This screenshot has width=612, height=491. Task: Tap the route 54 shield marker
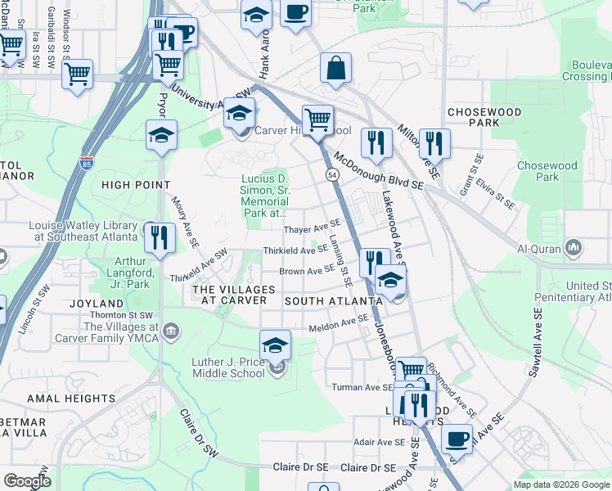[332, 175]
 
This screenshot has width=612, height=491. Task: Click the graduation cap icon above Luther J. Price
[276, 344]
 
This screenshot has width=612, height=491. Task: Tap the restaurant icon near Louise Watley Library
[160, 237]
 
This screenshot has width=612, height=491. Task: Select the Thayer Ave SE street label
[312, 226]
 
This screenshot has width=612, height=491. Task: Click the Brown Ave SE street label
[308, 270]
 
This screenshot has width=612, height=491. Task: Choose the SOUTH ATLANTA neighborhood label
[334, 301]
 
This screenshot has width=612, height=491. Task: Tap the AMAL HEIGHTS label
[71, 399]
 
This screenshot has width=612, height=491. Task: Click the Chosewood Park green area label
[547, 171]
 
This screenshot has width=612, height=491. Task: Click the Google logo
[27, 481]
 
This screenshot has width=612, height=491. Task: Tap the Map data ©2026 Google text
[561, 484]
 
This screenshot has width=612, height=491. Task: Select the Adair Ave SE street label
[380, 442]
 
